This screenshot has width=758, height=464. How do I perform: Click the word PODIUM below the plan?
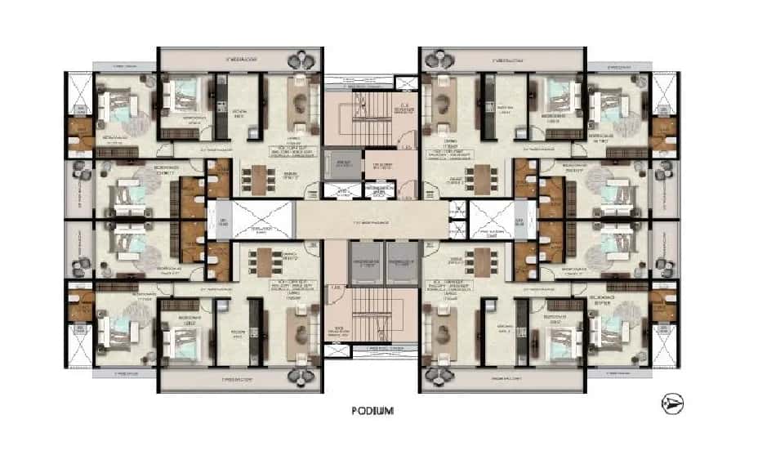(x=375, y=412)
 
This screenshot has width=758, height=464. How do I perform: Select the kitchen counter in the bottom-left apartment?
(x=253, y=331)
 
